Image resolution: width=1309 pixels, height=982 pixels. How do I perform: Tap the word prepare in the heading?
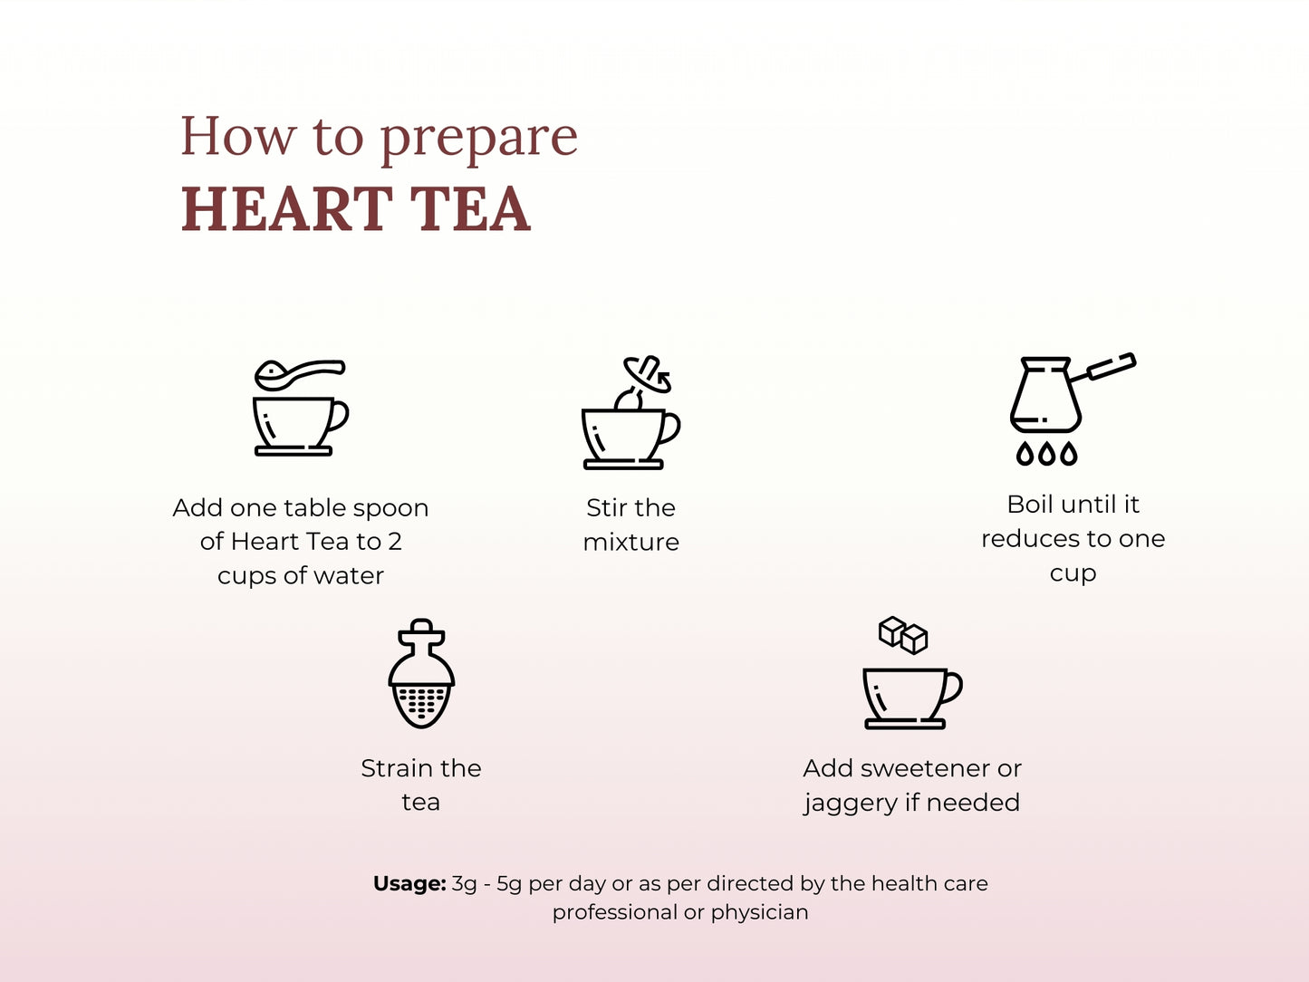click(478, 139)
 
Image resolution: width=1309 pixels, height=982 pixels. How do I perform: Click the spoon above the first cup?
click(299, 372)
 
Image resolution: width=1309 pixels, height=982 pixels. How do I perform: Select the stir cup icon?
click(630, 436)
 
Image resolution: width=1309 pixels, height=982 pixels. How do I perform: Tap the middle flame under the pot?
click(1046, 453)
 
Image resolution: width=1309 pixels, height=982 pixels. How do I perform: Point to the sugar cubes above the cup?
click(903, 634)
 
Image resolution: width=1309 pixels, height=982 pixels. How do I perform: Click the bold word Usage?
click(409, 883)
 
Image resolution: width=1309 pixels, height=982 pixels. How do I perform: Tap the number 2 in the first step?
click(395, 542)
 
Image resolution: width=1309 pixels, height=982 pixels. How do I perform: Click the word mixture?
click(630, 543)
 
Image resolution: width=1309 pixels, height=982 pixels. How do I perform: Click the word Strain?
click(396, 768)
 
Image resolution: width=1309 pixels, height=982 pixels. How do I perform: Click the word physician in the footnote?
click(759, 912)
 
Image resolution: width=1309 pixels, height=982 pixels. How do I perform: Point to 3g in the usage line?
click(464, 884)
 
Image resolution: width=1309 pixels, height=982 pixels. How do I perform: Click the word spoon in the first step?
click(391, 509)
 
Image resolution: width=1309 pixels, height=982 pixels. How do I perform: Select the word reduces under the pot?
click(1030, 539)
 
